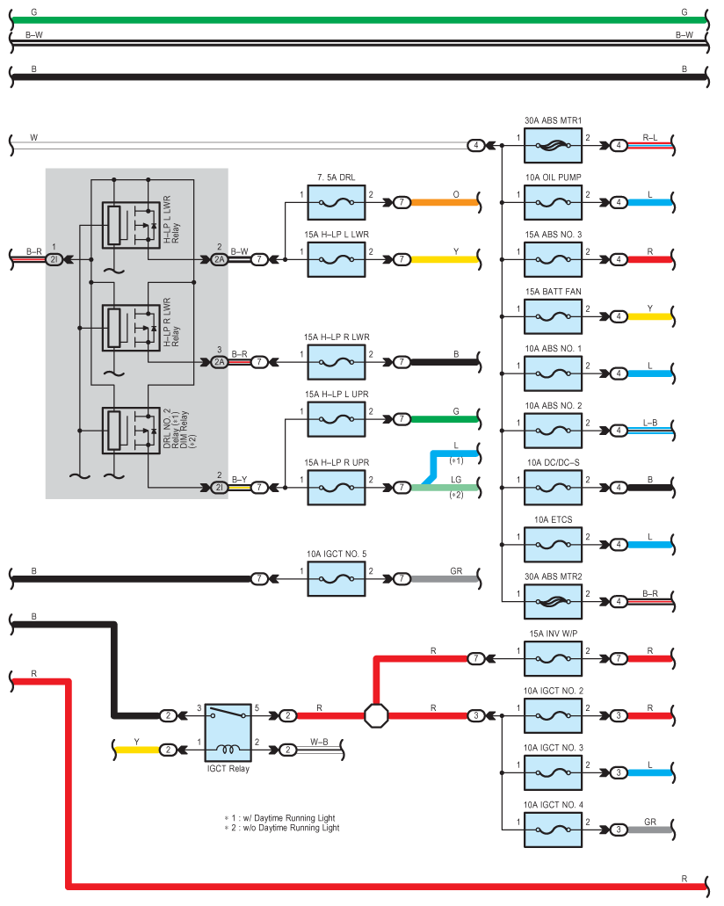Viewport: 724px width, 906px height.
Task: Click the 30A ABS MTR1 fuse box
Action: point(553,146)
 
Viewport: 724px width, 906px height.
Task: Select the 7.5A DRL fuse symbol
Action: point(337,202)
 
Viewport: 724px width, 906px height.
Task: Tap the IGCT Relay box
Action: point(228,733)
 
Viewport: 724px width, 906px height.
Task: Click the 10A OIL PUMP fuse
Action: point(553,202)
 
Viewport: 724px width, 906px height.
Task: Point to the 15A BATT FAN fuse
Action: point(553,316)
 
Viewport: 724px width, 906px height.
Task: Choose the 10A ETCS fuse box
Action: point(553,544)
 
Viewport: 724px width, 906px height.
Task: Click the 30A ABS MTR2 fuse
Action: point(553,601)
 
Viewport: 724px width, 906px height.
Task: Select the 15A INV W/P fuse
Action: point(553,659)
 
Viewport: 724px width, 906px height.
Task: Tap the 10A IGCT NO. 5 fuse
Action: point(337,578)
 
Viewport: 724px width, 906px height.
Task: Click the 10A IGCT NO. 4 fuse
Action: point(553,830)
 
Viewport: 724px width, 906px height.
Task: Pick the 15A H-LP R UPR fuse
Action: point(337,488)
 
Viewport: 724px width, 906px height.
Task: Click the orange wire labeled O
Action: point(445,202)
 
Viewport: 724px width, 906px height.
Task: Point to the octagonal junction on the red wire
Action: point(376,716)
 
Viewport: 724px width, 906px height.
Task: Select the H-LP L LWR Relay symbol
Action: point(131,225)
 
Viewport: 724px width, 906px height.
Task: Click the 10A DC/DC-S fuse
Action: point(553,488)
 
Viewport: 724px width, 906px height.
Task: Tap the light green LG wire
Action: point(445,488)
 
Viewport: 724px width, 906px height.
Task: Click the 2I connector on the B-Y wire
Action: point(219,488)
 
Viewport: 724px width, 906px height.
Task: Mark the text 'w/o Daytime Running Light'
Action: point(285,828)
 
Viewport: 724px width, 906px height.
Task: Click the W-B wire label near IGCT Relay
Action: point(319,742)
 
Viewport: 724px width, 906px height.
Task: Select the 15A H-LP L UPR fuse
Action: point(337,419)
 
